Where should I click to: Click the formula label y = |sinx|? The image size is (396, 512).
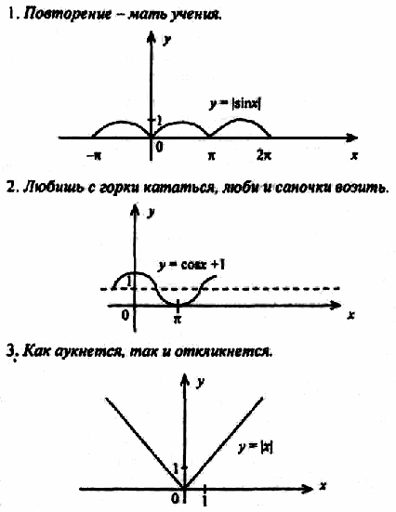[x=235, y=104]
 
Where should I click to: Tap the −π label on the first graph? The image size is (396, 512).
[x=94, y=156]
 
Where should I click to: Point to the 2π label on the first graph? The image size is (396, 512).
[x=264, y=155]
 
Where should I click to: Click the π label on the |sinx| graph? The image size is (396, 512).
[x=212, y=156]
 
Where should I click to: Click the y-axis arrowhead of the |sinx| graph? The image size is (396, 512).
[x=151, y=36]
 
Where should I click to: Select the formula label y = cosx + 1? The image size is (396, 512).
[x=191, y=265]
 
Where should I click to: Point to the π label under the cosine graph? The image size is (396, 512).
[x=178, y=319]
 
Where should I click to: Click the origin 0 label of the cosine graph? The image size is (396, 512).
[x=125, y=315]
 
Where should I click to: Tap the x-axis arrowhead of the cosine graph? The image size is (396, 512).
[x=335, y=306]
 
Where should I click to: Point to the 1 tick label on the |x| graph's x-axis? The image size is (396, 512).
[x=205, y=501]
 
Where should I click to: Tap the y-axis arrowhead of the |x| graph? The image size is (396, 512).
[x=185, y=380]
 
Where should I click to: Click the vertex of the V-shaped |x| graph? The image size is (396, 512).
[x=185, y=488]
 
